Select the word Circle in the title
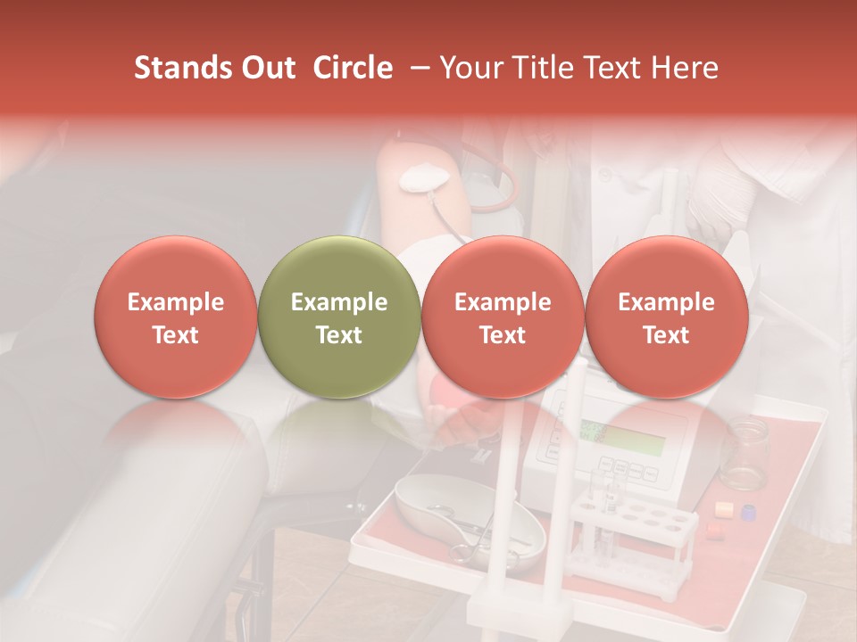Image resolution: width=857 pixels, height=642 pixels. (353, 68)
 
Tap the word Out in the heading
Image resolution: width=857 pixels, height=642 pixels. (264, 68)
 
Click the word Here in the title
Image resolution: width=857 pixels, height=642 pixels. (685, 68)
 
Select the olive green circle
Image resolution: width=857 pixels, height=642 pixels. (339, 317)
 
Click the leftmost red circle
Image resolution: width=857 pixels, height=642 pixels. (175, 317)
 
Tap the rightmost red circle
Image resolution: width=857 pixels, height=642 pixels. (666, 317)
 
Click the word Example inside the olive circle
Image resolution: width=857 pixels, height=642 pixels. (339, 302)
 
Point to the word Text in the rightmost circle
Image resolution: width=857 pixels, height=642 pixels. (666, 335)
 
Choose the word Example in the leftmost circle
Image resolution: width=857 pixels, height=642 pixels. (175, 302)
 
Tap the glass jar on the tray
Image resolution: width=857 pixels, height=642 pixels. (744, 454)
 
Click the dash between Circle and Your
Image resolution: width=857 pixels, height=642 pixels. (416, 68)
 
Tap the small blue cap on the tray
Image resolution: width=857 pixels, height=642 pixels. (748, 513)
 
